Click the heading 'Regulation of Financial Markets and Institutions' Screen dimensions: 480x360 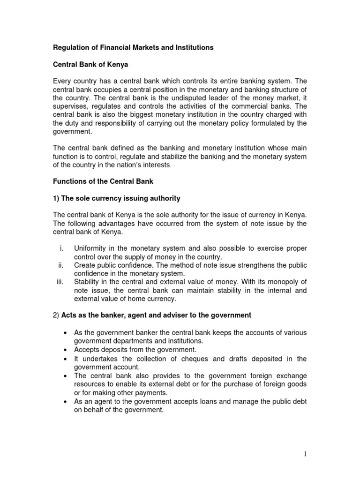[133, 47]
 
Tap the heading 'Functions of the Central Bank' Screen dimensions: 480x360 [103, 181]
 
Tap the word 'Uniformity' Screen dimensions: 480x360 [91, 248]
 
